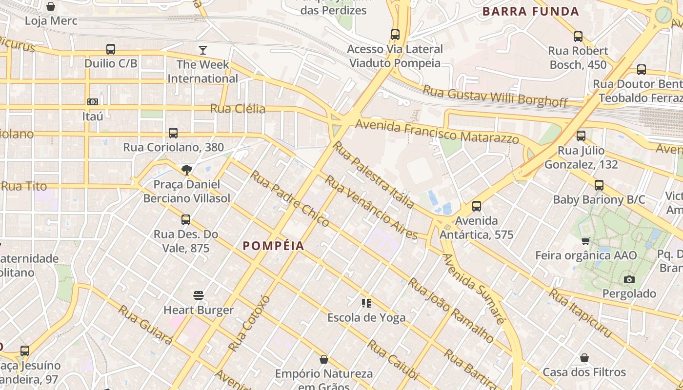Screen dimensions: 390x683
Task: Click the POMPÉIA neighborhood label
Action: (274, 246)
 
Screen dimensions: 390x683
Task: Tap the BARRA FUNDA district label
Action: (531, 11)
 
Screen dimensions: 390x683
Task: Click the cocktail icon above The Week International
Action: (202, 50)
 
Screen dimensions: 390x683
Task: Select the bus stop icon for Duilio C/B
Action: (111, 49)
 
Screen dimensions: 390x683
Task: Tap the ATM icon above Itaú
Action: (93, 102)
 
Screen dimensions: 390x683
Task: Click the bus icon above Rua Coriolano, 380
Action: (173, 133)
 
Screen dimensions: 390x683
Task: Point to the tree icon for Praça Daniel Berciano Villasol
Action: (186, 170)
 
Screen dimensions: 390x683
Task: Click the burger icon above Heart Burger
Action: (198, 295)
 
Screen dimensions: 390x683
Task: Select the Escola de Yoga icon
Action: (366, 303)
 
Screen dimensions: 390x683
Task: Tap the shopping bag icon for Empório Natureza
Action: (323, 360)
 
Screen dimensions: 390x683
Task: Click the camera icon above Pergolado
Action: (629, 279)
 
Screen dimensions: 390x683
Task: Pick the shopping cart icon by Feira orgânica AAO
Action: (586, 241)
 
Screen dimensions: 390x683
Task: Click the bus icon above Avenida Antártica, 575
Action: (477, 206)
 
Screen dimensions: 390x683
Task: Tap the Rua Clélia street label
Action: (238, 108)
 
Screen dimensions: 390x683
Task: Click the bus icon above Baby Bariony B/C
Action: (599, 185)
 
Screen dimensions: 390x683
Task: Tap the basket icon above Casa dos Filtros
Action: (584, 358)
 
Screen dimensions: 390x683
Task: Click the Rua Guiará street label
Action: (145, 325)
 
